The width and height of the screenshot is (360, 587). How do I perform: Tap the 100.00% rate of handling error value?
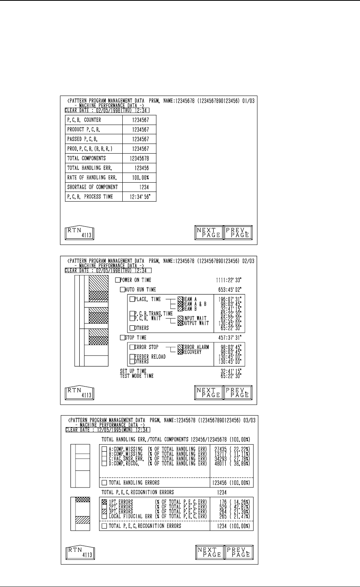141,178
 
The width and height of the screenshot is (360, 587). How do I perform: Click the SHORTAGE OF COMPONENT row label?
93,187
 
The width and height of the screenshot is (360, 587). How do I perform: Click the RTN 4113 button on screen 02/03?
79,393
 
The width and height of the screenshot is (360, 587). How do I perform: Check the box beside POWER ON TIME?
118,280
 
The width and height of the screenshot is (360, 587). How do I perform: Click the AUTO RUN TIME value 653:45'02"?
230,289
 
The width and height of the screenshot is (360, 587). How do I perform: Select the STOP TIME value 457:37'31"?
230,338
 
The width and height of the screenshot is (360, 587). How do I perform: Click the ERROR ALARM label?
195,347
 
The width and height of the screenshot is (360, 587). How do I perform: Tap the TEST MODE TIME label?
137,376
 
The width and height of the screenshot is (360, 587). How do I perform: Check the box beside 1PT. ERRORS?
104,502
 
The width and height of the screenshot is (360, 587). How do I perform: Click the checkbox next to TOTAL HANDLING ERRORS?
104,483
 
